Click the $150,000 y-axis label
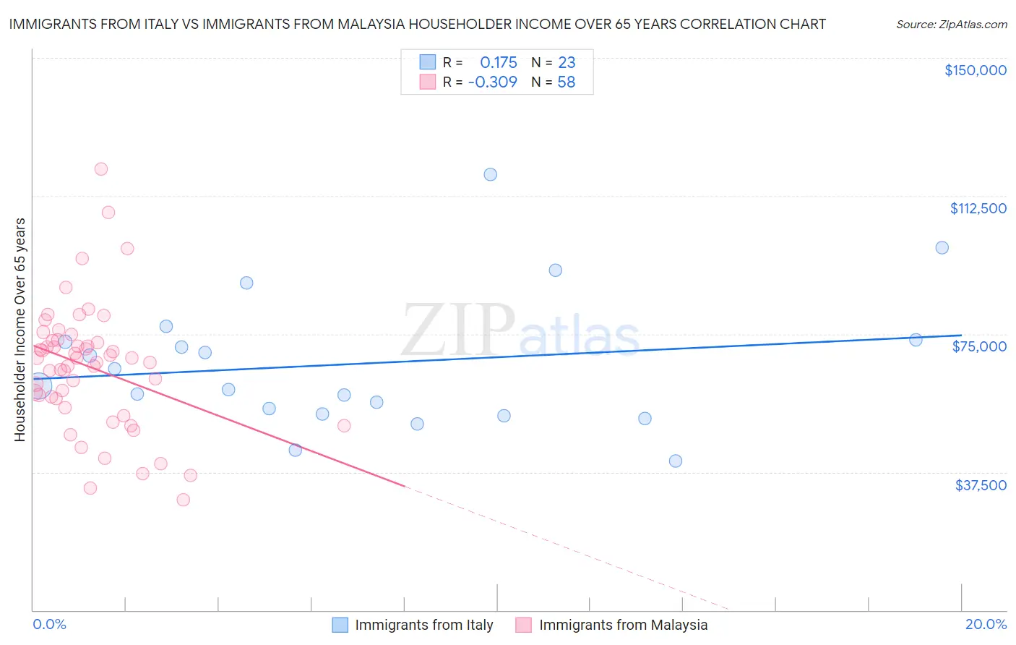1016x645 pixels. (x=975, y=70)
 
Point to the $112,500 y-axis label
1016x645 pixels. (x=978, y=208)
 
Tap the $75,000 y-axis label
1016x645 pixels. (x=979, y=346)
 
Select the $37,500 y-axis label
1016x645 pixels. (x=981, y=485)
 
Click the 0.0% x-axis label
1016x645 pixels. (x=49, y=624)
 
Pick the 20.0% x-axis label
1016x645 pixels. (x=986, y=624)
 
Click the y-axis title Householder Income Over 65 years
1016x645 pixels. (x=20, y=329)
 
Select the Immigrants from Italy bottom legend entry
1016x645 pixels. (x=423, y=625)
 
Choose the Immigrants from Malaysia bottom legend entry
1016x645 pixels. (x=623, y=625)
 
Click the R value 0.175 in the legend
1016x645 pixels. (x=499, y=63)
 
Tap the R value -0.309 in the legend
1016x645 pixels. (x=493, y=82)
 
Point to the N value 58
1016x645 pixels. (x=567, y=82)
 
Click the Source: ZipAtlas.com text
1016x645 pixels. (x=951, y=25)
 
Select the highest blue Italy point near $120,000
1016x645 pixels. (x=491, y=174)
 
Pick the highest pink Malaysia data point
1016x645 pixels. (x=101, y=169)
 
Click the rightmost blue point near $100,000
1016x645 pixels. (x=942, y=248)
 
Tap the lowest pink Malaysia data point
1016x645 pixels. (x=184, y=500)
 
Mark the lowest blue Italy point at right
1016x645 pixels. (x=676, y=461)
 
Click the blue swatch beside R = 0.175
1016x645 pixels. (x=428, y=63)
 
